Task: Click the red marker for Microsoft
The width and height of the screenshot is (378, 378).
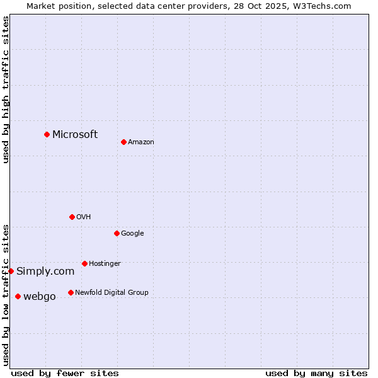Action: pos(47,134)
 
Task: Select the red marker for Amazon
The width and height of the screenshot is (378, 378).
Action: pos(123,142)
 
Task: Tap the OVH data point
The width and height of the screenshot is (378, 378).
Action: pos(72,217)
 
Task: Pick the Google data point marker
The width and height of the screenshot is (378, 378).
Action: pos(117,233)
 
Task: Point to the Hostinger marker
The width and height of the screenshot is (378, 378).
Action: pos(84,263)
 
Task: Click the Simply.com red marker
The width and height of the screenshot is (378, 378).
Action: pos(11,271)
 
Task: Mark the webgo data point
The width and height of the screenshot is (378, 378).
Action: pos(18,296)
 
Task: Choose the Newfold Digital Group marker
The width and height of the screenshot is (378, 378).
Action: pos(71,292)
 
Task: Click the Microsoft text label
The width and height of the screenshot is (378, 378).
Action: pos(75,134)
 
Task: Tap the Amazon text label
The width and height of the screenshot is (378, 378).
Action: pos(141,142)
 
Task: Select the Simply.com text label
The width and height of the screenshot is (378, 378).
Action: pos(45,272)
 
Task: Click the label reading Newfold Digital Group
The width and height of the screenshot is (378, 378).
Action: pos(112,292)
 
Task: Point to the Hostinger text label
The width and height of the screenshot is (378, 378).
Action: pos(105,263)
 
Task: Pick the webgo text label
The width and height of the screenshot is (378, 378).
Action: pos(40,297)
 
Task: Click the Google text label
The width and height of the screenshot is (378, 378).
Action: pos(132,234)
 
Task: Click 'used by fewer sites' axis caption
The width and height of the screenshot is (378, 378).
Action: pos(65,373)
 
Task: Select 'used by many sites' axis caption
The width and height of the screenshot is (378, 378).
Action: pos(316,373)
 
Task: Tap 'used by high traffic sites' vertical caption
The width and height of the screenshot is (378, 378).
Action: pos(6,89)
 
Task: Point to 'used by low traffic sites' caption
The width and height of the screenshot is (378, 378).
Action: pos(6,295)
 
